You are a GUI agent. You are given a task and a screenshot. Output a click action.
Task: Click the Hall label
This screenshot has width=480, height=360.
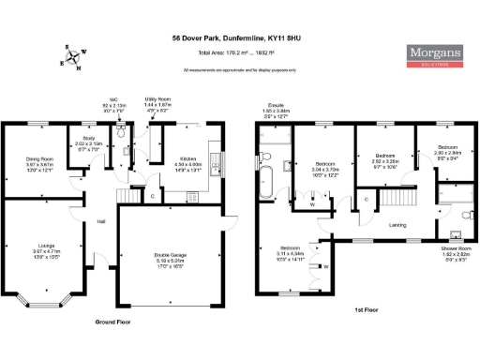pyautogui.click(x=100, y=221)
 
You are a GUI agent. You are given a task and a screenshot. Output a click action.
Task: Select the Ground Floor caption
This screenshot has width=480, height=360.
pyautogui.click(x=113, y=322)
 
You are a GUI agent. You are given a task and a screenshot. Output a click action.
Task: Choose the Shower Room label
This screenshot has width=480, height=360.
pyautogui.click(x=457, y=247)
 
